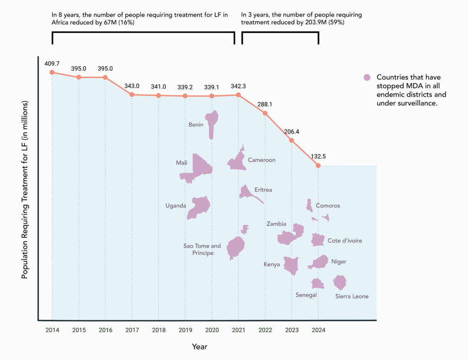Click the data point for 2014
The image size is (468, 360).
point(52,72)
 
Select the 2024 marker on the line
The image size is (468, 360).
point(319,165)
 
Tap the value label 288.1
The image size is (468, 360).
point(265,104)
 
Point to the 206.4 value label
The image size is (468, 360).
point(292,131)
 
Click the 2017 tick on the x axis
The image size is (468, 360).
point(132,330)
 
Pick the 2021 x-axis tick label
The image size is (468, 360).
point(239,330)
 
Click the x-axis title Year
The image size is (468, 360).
point(199,347)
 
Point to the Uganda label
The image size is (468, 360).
point(175,206)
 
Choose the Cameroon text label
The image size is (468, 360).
point(261,160)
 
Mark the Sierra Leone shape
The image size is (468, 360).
point(340,282)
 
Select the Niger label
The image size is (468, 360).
point(339,262)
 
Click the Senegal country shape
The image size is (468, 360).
point(317,284)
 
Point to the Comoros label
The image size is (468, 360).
point(328,206)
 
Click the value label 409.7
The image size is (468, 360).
point(52,64)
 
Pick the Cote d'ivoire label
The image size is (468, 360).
point(345,241)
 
